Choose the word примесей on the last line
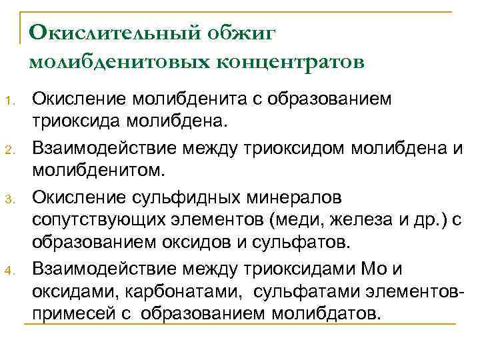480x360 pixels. tap(75, 313)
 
